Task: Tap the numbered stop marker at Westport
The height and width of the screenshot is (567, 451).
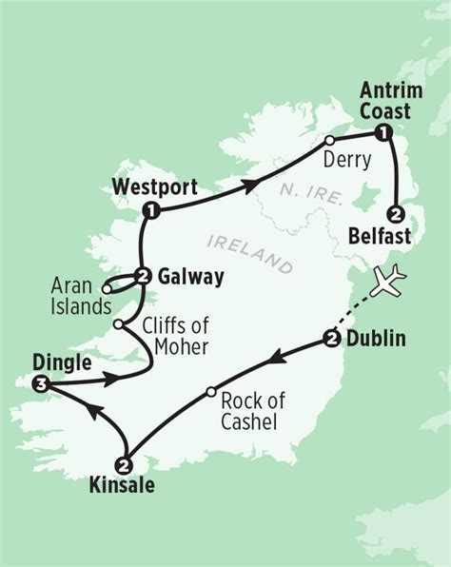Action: click(x=149, y=209)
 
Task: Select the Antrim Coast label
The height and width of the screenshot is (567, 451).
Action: click(x=385, y=102)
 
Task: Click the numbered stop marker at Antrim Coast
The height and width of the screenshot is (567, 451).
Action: click(x=382, y=132)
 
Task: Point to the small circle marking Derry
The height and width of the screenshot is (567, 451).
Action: click(x=330, y=141)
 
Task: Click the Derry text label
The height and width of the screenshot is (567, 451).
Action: click(x=347, y=160)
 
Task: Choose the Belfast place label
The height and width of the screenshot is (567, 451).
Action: click(x=400, y=234)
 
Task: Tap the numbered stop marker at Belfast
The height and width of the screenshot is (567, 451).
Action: click(x=397, y=212)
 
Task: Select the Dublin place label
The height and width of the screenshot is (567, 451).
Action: click(x=378, y=338)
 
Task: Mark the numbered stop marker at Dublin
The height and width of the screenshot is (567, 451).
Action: click(x=331, y=339)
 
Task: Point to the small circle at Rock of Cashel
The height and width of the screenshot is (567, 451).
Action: click(x=210, y=391)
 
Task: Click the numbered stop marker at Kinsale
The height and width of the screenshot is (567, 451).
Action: click(x=124, y=464)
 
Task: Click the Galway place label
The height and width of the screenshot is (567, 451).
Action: click(x=191, y=278)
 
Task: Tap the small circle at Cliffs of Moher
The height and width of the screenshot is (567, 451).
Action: click(x=117, y=324)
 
